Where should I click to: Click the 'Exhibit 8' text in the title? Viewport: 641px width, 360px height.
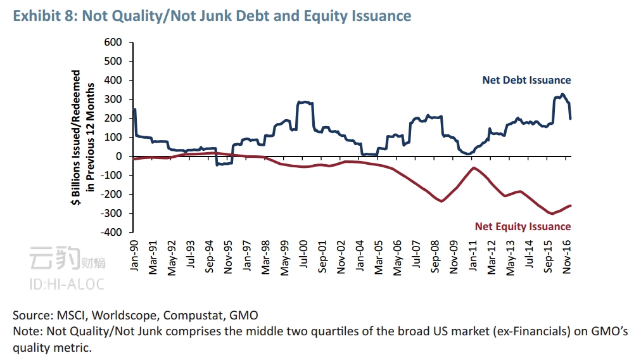tap(39, 16)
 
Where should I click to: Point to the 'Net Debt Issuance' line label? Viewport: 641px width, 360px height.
tap(526, 80)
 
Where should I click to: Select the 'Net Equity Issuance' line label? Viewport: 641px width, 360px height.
tap(522, 226)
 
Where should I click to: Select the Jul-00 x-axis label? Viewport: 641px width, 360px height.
tap(303, 255)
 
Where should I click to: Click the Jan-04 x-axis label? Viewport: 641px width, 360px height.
tap(359, 256)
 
